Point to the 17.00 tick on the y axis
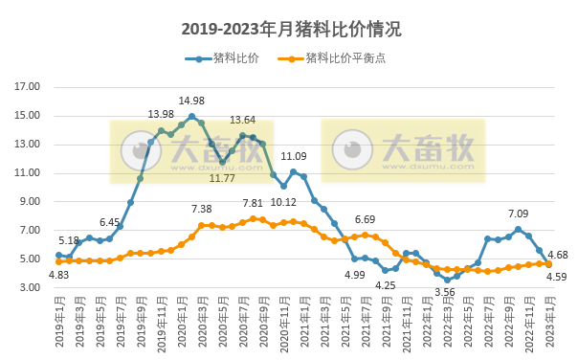pos(29,87)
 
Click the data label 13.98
pos(161,115)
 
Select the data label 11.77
pos(222,178)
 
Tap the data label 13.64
pos(243,121)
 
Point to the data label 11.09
pos(294,157)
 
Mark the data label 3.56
pos(444,292)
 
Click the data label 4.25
pos(385,285)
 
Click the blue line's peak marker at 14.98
pos(191,117)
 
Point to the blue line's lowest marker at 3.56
pos(447,280)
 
